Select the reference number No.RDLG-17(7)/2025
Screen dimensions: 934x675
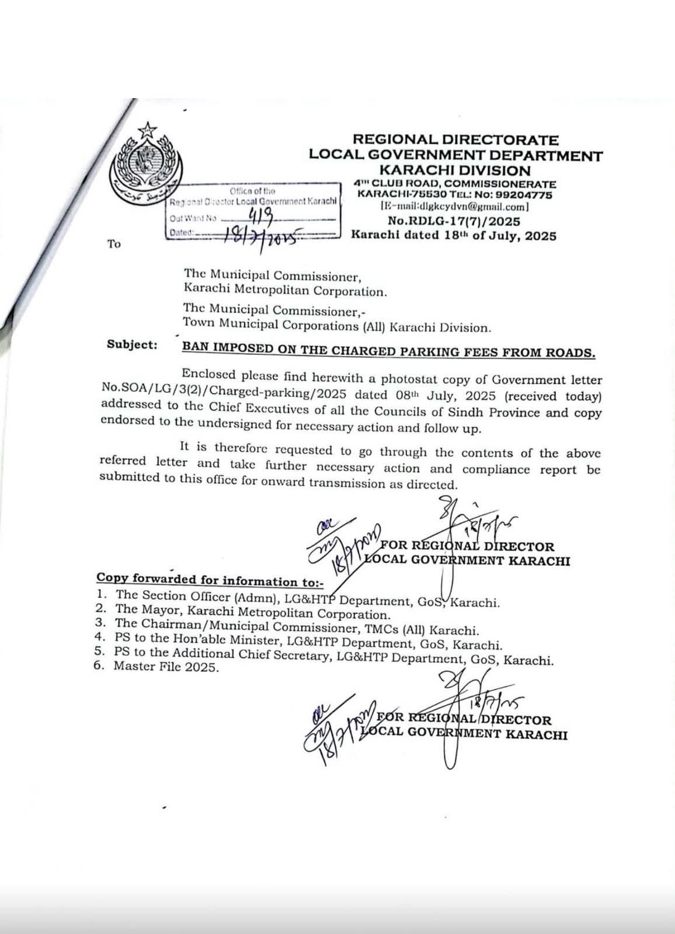pos(454,221)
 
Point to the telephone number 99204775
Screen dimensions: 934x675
pos(523,195)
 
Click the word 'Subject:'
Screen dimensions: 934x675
pos(132,344)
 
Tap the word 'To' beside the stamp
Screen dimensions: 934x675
pos(114,244)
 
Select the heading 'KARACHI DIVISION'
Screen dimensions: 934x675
pos(455,170)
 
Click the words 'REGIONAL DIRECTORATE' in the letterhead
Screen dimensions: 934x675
pos(455,140)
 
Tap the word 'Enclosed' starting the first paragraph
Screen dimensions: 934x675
pos(208,374)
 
